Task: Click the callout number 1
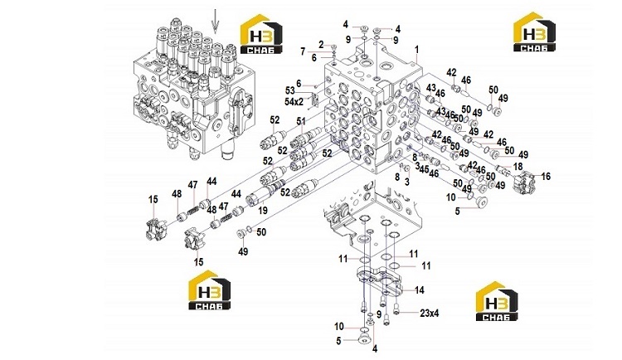(x=416, y=50)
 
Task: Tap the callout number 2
(x=321, y=45)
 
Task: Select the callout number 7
(x=303, y=51)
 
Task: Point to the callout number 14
(x=420, y=290)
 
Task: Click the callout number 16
(x=546, y=176)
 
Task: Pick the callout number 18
(x=518, y=166)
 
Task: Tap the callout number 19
(x=263, y=211)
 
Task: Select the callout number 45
(x=424, y=169)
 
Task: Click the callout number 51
(x=301, y=121)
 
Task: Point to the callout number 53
(x=290, y=91)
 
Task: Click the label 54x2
(x=294, y=101)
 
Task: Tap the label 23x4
(x=430, y=314)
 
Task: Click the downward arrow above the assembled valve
(x=215, y=21)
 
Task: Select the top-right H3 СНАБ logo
(x=534, y=32)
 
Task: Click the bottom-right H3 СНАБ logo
(x=497, y=301)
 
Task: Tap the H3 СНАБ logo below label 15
(x=209, y=289)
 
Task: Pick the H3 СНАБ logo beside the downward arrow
(x=262, y=34)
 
